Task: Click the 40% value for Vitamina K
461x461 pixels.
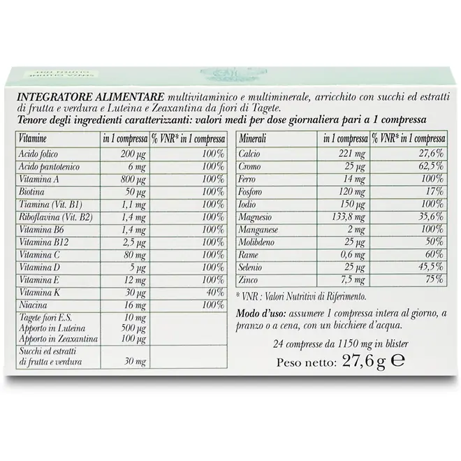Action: tap(214, 291)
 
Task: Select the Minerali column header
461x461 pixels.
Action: tap(254, 140)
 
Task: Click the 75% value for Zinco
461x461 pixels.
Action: tap(433, 279)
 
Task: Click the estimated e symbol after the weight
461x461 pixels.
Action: tap(397, 362)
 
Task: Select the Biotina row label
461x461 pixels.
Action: tap(30, 191)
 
